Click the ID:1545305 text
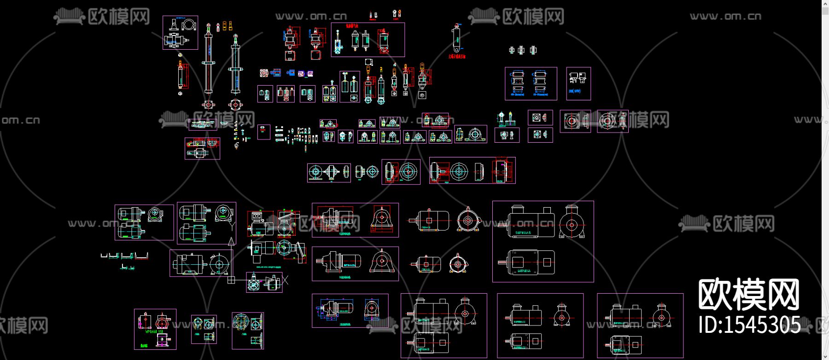click(749, 325)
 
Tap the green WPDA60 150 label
click(154, 331)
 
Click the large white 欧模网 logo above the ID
click(749, 294)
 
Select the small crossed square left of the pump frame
click(231, 280)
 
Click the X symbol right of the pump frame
click(285, 280)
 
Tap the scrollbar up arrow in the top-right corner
click(825, 4)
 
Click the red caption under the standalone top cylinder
click(457, 57)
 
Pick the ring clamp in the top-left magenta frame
click(188, 24)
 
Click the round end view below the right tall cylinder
click(235, 105)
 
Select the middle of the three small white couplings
click(521, 50)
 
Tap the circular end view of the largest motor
click(572, 225)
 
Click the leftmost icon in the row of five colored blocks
click(264, 73)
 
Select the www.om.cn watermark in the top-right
click(725, 17)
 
